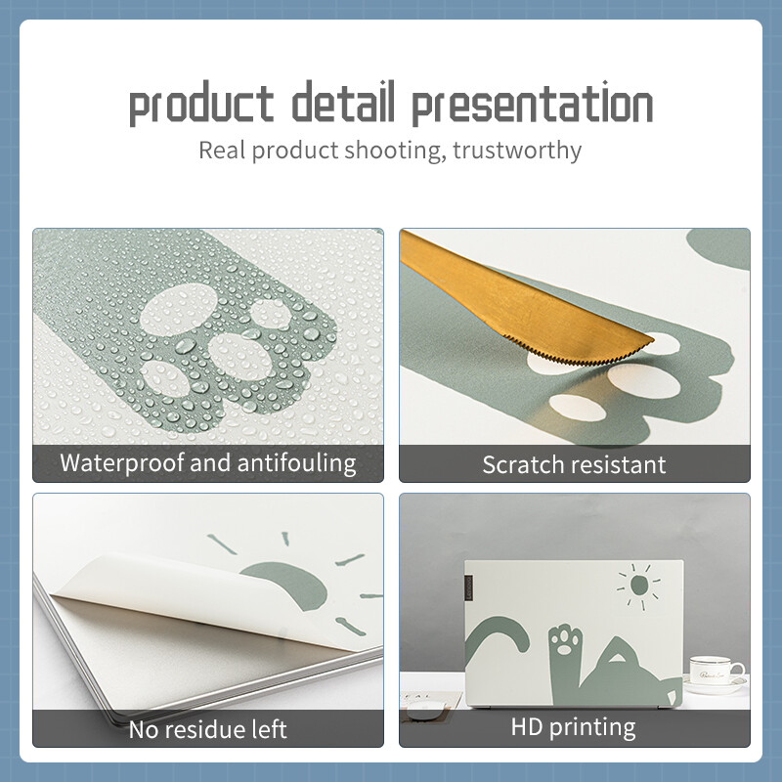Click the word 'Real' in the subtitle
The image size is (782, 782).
tap(221, 151)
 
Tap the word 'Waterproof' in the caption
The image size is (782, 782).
tap(121, 463)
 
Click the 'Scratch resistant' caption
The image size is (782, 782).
tap(574, 464)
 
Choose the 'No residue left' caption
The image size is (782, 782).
tap(208, 728)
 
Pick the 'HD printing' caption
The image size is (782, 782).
tap(574, 727)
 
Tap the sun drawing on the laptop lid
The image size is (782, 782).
tap(638, 585)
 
